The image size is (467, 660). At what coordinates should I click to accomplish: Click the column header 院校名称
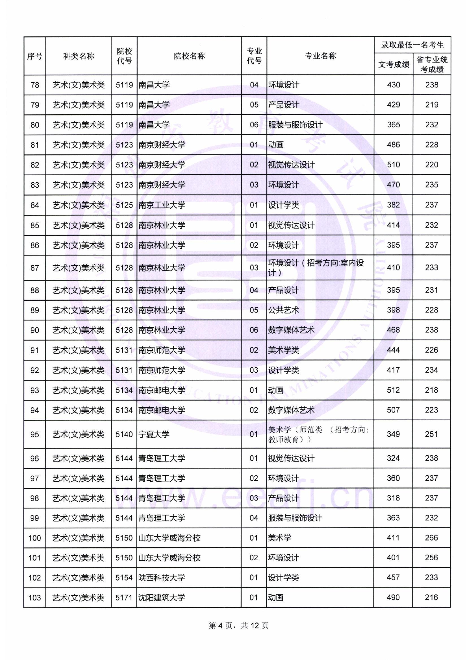pyautogui.click(x=189, y=56)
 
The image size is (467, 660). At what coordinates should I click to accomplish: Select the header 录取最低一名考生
pyautogui.click(x=412, y=45)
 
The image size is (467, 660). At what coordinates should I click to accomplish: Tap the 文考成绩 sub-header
pyautogui.click(x=393, y=64)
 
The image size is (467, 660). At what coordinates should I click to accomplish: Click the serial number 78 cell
pyautogui.click(x=35, y=85)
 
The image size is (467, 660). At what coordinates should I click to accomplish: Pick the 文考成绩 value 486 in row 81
pyautogui.click(x=393, y=145)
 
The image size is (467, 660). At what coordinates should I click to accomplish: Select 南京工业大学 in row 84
pyautogui.click(x=162, y=205)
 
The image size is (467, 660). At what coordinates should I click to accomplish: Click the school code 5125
pyautogui.click(x=124, y=205)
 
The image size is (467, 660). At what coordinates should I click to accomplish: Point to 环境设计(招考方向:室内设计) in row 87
pyautogui.click(x=316, y=268)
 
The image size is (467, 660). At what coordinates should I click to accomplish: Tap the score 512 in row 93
pyautogui.click(x=393, y=390)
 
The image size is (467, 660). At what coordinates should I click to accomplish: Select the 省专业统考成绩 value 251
pyautogui.click(x=431, y=434)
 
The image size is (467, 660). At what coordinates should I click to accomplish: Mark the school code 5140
pyautogui.click(x=124, y=434)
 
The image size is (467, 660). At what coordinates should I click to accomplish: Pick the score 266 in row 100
pyautogui.click(x=431, y=538)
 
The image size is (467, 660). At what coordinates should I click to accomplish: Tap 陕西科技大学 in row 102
pyautogui.click(x=161, y=578)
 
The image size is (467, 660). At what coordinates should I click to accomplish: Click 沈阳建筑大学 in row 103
pyautogui.click(x=161, y=598)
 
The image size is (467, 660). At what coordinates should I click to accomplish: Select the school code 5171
pyautogui.click(x=124, y=598)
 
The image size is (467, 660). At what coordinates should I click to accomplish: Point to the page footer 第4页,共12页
pyautogui.click(x=238, y=626)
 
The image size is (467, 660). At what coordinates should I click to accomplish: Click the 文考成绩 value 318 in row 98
pyautogui.click(x=393, y=498)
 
